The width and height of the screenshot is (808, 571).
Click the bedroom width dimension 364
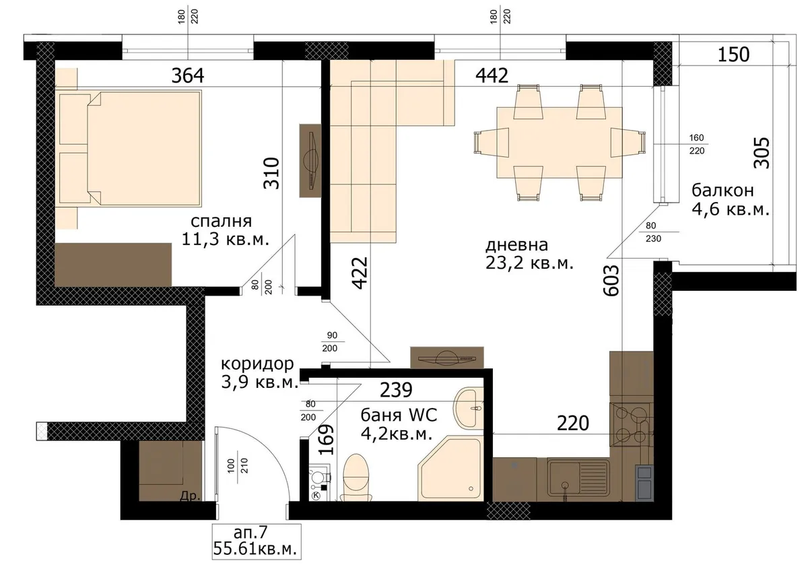188,75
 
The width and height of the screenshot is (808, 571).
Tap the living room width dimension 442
492,75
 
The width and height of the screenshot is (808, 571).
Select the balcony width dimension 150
734,55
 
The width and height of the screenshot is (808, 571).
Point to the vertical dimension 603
611,281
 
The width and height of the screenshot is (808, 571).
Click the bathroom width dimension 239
396,390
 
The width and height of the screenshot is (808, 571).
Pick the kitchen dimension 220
573,423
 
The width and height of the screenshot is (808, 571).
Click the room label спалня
221,222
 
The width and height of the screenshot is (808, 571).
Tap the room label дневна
516,245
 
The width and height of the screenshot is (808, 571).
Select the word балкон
722,190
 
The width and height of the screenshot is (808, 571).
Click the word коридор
257,364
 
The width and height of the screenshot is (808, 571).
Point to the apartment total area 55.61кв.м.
255,549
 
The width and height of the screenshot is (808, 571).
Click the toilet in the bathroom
356,478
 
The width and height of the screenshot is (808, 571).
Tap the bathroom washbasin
469,408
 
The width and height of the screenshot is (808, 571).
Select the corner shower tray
450,469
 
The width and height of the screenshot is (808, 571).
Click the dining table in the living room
560,143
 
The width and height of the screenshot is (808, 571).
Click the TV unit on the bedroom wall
310,160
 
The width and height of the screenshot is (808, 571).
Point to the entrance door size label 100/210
238,466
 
